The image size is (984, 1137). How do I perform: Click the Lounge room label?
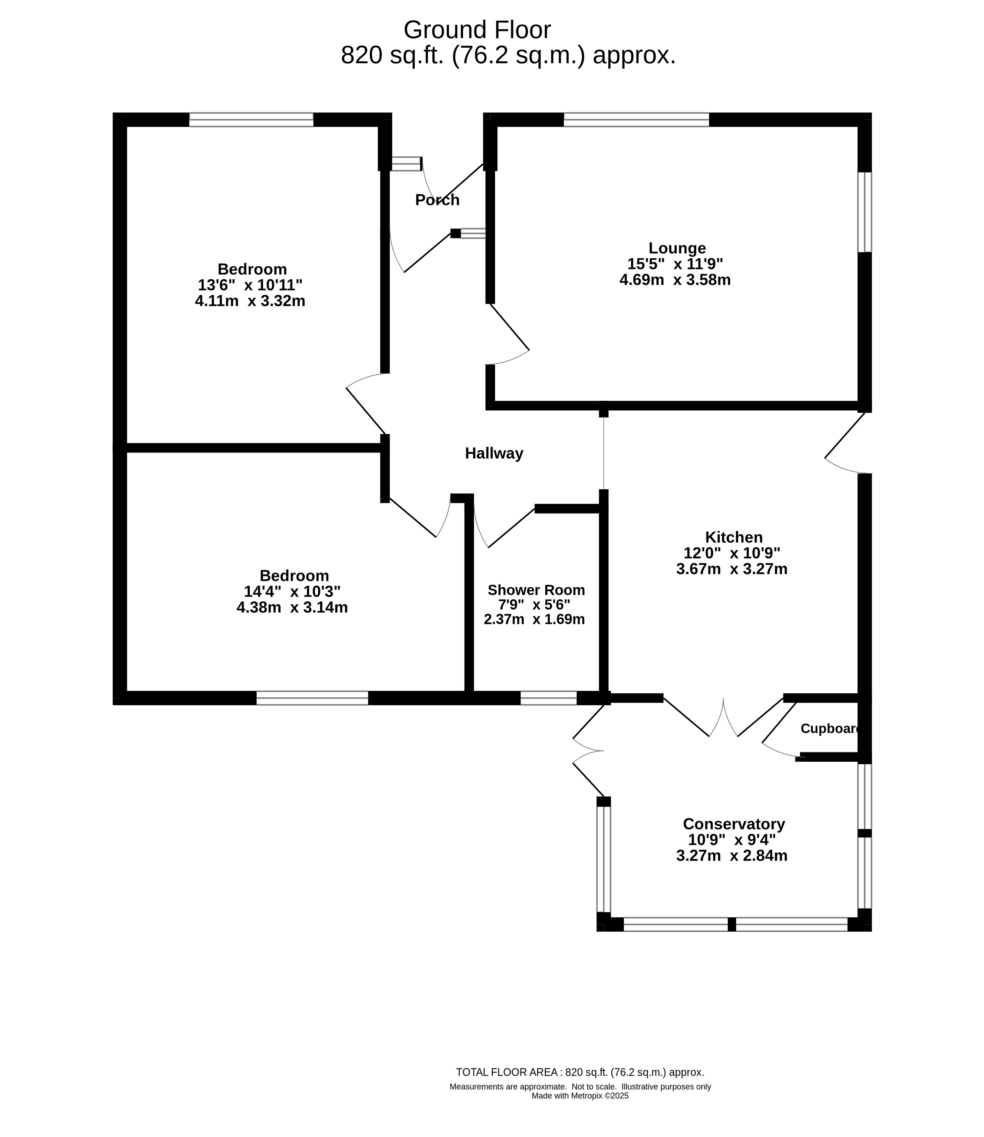(677, 248)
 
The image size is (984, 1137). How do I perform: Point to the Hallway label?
(494, 453)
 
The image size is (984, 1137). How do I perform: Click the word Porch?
(437, 200)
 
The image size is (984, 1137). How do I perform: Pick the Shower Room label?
(536, 590)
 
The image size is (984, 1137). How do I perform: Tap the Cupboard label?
(830, 728)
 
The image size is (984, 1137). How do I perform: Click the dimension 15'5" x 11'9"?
(675, 264)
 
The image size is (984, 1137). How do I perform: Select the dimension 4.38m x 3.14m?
(292, 608)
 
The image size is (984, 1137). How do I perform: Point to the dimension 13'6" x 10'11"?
(251, 285)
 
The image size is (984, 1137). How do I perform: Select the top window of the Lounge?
(637, 119)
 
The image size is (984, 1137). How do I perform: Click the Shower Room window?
(548, 698)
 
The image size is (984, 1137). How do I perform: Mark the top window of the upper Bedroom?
(251, 119)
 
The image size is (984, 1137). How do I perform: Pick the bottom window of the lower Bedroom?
(313, 698)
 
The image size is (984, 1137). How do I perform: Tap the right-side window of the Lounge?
(865, 212)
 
